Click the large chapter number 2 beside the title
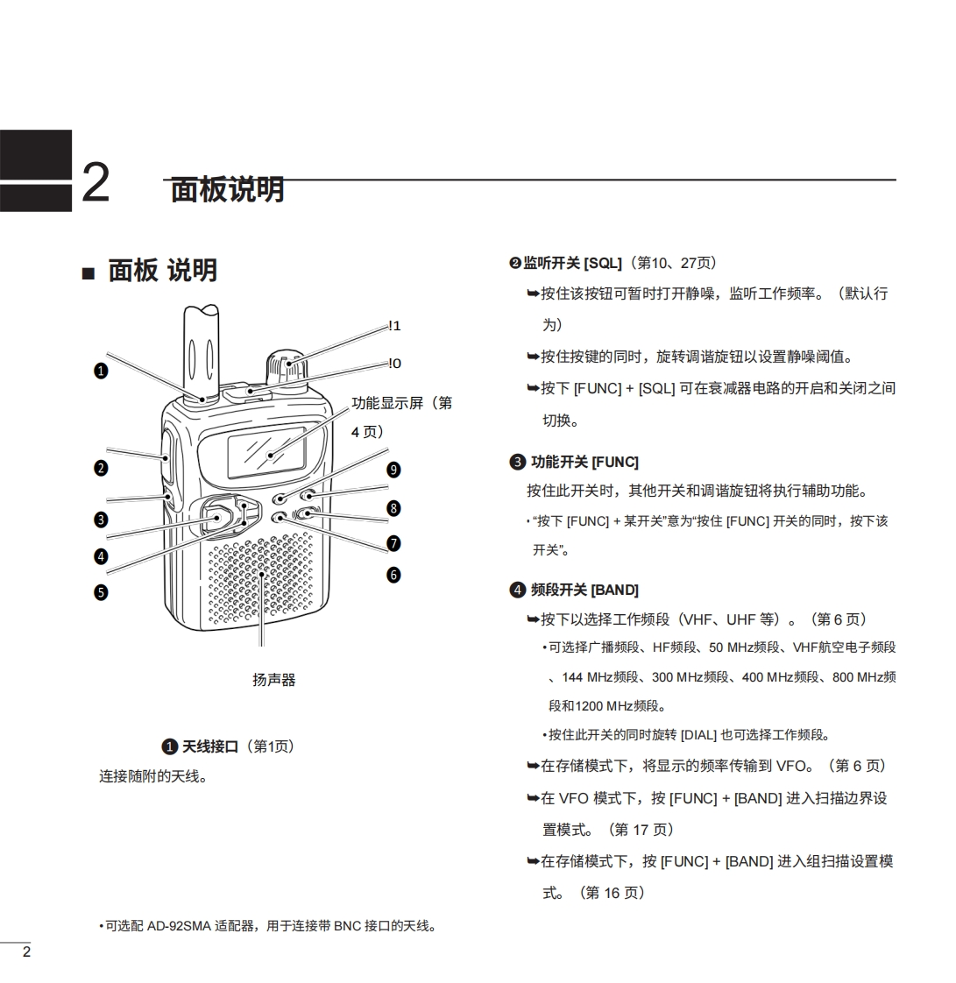coord(96,183)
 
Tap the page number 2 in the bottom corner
coord(26,952)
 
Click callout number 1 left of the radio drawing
coord(101,371)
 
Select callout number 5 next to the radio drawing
coord(101,592)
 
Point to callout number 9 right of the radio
coord(393,470)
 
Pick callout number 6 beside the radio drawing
coord(393,575)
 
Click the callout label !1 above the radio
coord(394,326)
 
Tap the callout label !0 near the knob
coord(394,364)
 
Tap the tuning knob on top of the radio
coord(285,368)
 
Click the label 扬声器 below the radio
coord(274,680)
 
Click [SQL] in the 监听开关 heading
coord(603,263)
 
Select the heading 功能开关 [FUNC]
coord(584,462)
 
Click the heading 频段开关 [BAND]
coord(584,590)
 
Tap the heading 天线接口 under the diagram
coord(210,746)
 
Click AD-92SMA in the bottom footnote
coord(179,926)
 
